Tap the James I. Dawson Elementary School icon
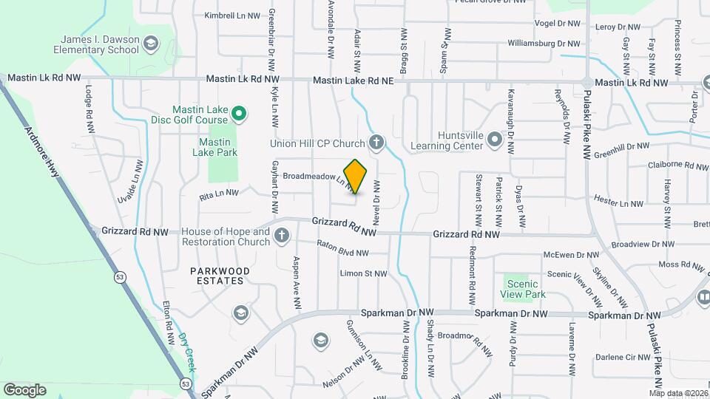point(152,42)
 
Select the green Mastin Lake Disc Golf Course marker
point(238,114)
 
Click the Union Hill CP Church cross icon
point(376,143)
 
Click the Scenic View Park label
point(524,288)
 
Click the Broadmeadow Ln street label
point(317,178)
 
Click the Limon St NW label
point(363,273)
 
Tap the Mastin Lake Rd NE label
point(353,80)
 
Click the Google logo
point(25,389)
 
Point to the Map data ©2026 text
point(678,392)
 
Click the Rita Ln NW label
point(219,195)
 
